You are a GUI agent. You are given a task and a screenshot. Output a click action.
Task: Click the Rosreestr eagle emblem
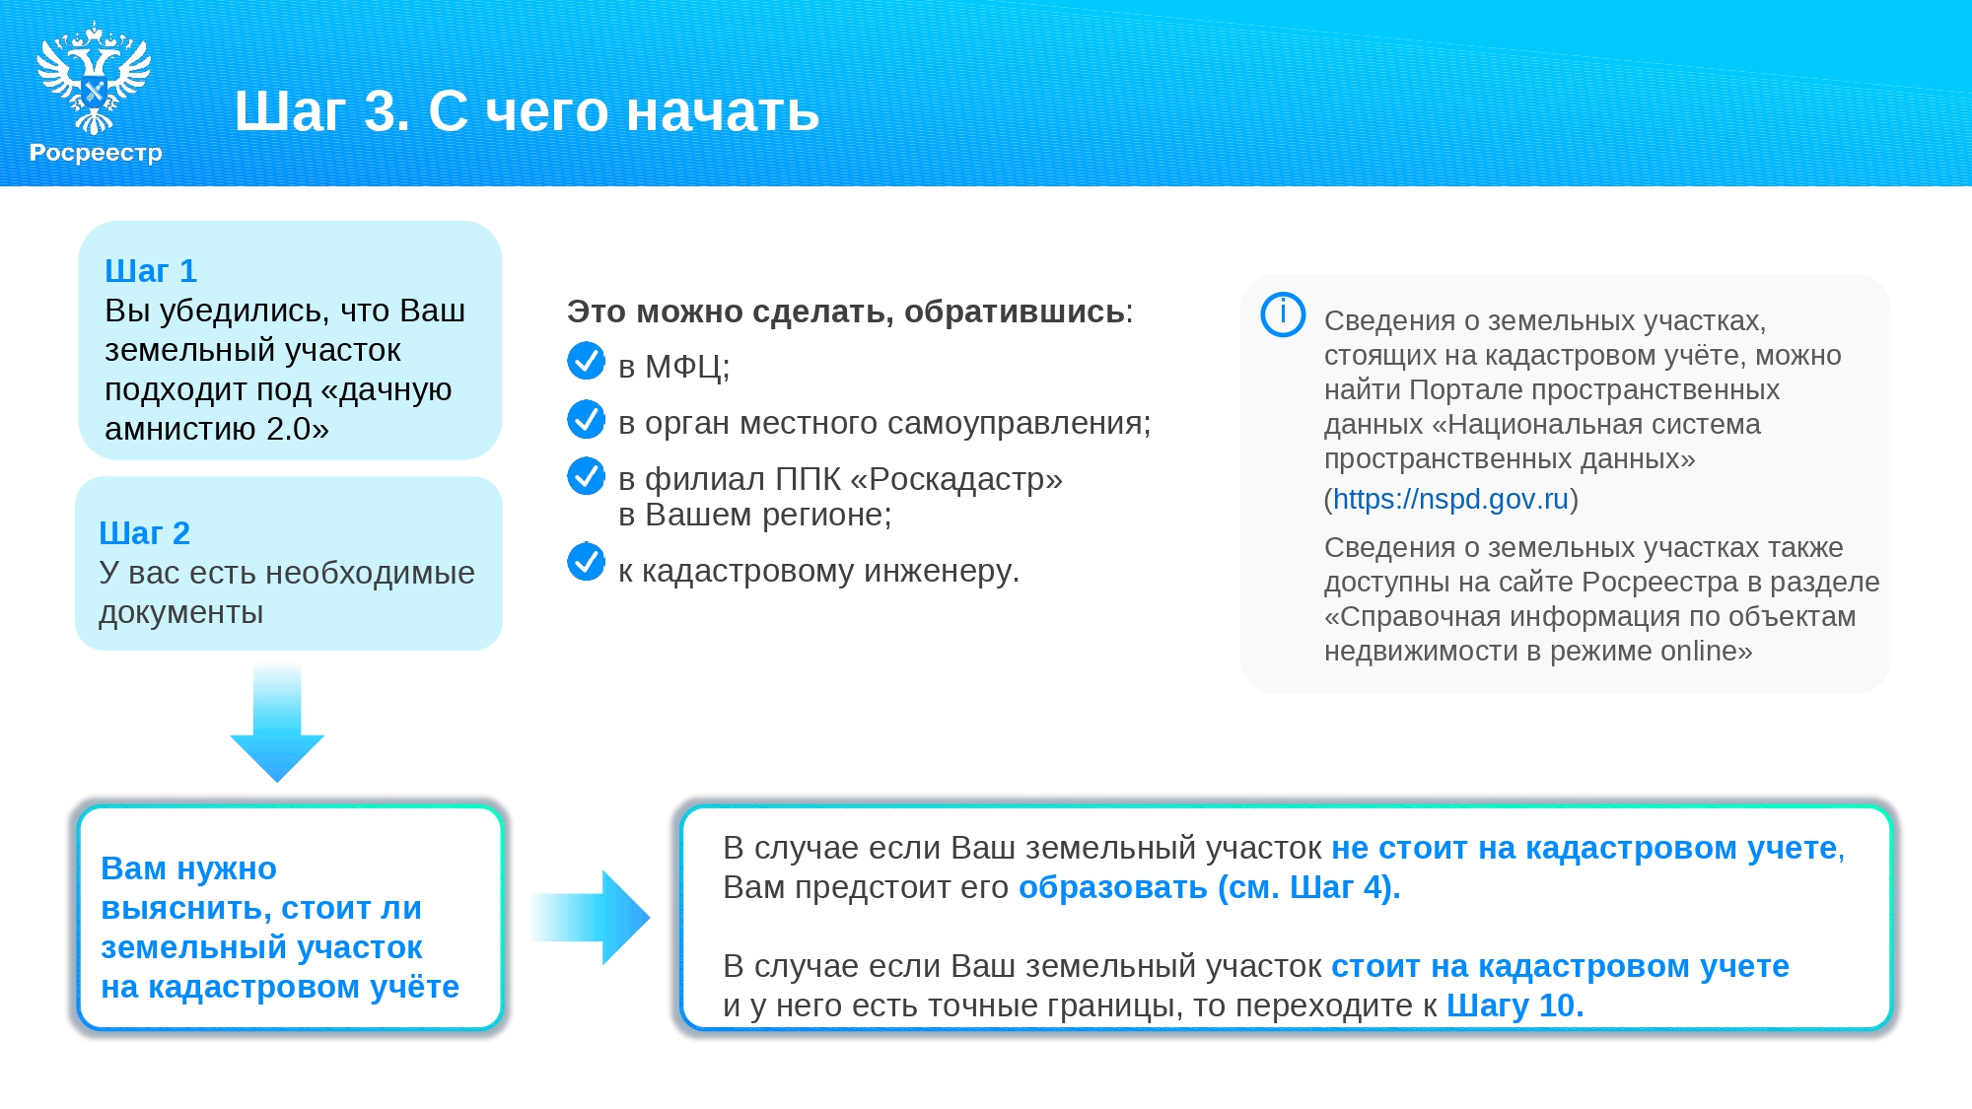(x=94, y=79)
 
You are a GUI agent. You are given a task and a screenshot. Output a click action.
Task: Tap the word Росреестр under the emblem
(x=96, y=153)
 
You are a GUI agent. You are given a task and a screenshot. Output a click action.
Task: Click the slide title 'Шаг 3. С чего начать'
(x=527, y=110)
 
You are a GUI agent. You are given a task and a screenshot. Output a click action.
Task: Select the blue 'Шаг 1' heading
(x=151, y=270)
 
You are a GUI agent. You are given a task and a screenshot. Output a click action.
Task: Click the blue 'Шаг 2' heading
(x=144, y=532)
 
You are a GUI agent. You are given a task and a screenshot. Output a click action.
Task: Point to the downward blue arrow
(x=277, y=723)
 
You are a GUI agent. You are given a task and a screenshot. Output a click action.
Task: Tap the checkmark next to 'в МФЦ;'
(x=586, y=361)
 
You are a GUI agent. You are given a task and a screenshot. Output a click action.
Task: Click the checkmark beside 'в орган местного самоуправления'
(x=586, y=418)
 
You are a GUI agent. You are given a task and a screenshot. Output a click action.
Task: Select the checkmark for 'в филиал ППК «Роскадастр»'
(x=586, y=475)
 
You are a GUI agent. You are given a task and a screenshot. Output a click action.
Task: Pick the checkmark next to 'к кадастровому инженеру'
(x=586, y=562)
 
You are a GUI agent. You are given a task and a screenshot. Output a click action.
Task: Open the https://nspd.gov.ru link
(x=1450, y=499)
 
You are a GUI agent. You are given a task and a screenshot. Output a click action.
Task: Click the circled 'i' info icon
(x=1283, y=314)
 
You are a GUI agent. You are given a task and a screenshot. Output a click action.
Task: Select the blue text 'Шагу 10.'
(x=1514, y=1005)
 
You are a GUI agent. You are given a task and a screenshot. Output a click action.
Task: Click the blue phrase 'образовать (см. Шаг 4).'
(x=1209, y=887)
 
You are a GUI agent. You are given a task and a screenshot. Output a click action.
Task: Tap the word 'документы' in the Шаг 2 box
(x=181, y=612)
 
